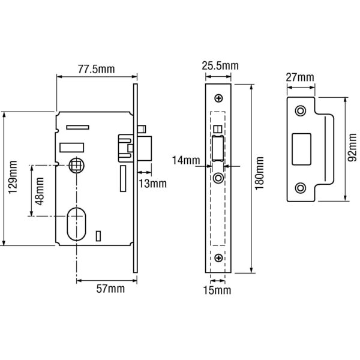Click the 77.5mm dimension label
(96, 69)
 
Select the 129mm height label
(13, 177)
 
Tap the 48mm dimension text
(39, 191)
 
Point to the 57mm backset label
(110, 289)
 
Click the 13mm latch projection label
(152, 184)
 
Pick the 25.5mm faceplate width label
(220, 65)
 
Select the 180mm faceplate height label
(259, 173)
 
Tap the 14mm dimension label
(186, 160)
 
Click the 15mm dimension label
(217, 290)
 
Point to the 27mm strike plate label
(300, 77)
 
